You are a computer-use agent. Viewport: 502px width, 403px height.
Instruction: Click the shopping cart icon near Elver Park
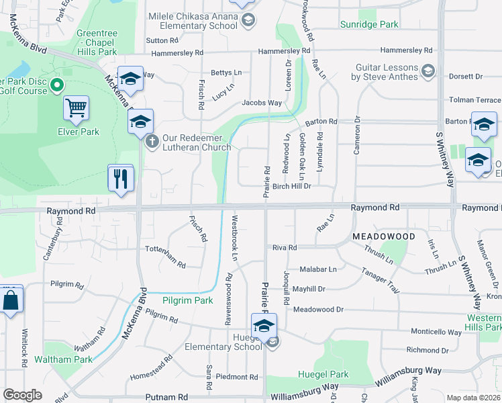(77, 108)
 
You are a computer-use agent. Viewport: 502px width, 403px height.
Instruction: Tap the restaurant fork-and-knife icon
(121, 178)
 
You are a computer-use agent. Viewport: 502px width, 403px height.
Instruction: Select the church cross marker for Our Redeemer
(152, 141)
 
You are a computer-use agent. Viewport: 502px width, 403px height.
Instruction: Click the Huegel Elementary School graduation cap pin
(264, 326)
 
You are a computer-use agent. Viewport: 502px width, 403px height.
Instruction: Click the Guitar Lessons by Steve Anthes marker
(429, 71)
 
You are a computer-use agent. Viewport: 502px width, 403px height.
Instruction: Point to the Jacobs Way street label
(262, 103)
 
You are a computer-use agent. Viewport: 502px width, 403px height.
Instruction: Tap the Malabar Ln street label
(318, 269)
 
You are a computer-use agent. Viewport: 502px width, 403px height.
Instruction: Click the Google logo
(23, 395)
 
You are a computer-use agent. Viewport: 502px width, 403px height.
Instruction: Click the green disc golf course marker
(57, 85)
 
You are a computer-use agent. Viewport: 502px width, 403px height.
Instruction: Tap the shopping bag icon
(11, 300)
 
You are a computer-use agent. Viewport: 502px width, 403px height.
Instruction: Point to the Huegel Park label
(323, 374)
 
